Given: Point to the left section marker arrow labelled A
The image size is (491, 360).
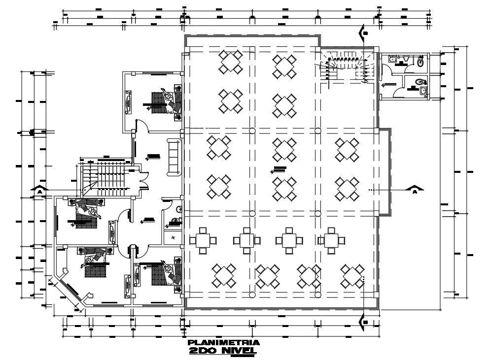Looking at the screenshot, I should [x=38, y=189].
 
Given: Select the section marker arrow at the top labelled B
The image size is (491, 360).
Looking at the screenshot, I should [x=364, y=33].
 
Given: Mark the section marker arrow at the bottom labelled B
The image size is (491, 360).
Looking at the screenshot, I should [x=364, y=321].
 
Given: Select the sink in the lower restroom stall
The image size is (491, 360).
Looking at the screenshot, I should [x=423, y=91].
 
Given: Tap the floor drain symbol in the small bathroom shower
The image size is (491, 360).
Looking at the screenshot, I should [x=173, y=237].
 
